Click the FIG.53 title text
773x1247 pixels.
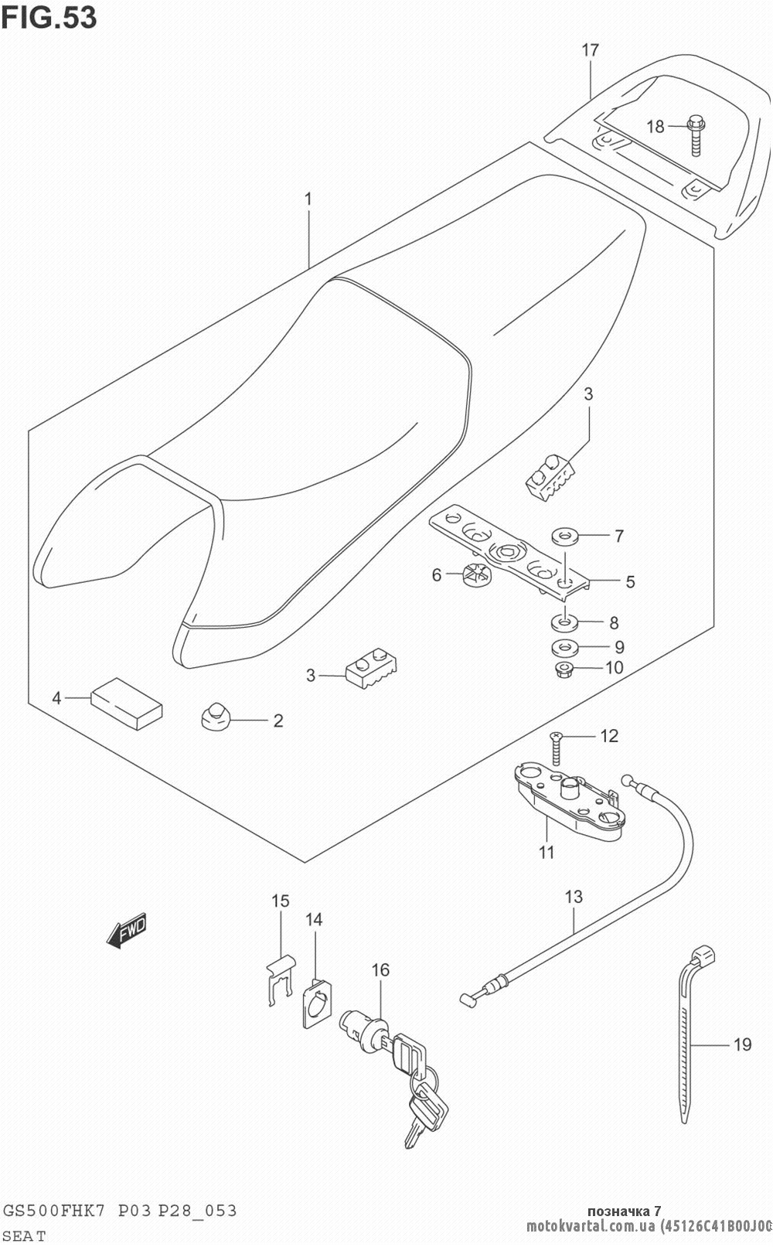point(49,16)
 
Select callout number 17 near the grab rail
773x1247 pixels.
point(590,51)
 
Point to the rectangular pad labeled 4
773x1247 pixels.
point(127,703)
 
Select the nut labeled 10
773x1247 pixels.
point(564,669)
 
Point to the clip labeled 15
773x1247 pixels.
point(279,978)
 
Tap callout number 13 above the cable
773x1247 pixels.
point(574,898)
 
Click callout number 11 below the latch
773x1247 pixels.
point(547,853)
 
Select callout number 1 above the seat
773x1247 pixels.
point(308,199)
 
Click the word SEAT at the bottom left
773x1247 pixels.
point(25,1235)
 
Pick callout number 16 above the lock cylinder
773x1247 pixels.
point(380,969)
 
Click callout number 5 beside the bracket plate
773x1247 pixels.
point(630,581)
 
